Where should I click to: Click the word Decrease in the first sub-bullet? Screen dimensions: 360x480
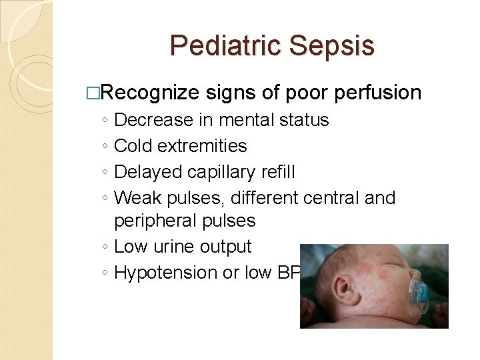click(x=150, y=120)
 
